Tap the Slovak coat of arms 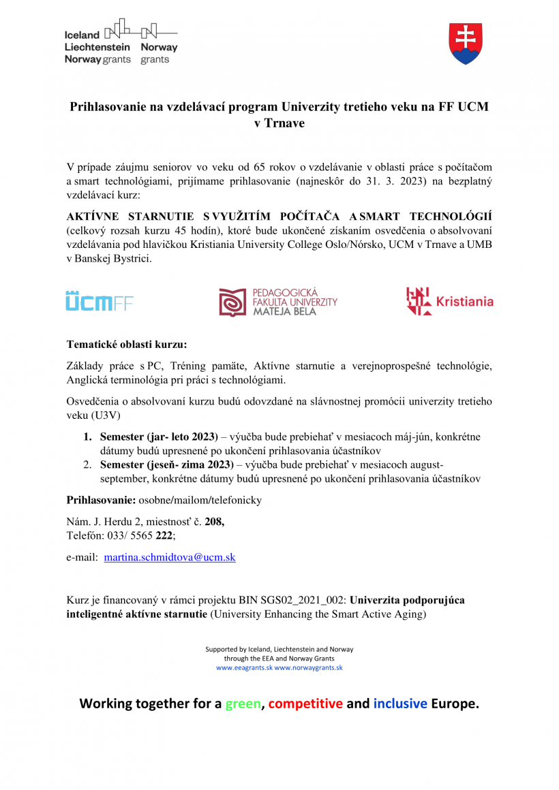466,44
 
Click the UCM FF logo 100,302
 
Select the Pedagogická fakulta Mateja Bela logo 277,302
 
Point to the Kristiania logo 449,301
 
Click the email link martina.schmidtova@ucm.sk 170,557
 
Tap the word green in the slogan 243,704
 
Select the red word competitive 305,704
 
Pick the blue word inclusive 400,704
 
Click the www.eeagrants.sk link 244,668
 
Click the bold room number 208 214,522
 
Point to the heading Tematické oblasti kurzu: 126,344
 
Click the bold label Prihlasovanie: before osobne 101,501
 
